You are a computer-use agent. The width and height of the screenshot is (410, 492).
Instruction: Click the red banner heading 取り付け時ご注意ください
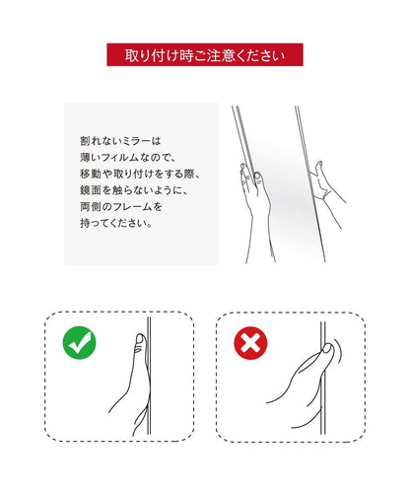[x=205, y=55]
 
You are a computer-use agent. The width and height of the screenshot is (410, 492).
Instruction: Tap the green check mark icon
[x=79, y=343]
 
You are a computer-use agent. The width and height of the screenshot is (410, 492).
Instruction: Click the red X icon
[x=250, y=343]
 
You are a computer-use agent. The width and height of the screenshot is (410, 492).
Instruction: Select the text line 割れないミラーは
[x=120, y=141]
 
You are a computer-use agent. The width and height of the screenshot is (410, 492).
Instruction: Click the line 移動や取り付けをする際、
[x=140, y=174]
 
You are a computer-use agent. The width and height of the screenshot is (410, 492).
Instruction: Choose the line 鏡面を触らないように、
[x=134, y=190]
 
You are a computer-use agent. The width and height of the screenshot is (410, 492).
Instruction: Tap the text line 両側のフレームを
[x=121, y=207]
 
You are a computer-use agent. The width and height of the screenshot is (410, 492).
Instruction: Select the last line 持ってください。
[x=116, y=223]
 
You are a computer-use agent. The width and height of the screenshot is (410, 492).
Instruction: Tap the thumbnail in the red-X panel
[x=327, y=349]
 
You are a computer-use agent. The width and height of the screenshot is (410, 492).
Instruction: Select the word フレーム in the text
[x=131, y=207]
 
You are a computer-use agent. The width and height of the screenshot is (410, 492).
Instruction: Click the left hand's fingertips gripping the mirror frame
[x=250, y=174]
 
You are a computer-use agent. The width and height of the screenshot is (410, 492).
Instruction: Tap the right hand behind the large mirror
[x=328, y=194]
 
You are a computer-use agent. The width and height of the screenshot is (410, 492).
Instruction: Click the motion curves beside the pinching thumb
[x=337, y=352]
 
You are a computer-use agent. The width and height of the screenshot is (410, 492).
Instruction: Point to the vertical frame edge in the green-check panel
[x=149, y=376]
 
